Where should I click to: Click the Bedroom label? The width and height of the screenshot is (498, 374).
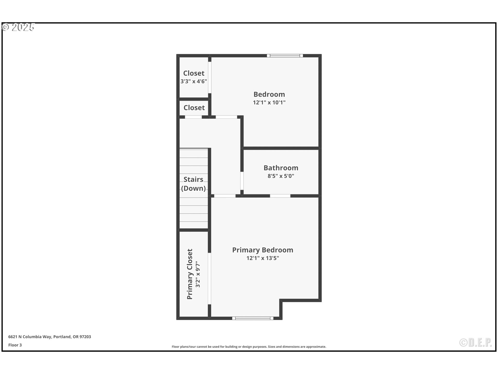tap(269, 94)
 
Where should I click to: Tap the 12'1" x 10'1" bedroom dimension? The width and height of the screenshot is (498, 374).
tap(269, 103)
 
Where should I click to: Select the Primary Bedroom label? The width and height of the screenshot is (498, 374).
tap(262, 250)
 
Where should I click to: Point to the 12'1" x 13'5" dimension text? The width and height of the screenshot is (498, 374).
tap(262, 258)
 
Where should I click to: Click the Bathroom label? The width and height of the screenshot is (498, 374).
tap(281, 168)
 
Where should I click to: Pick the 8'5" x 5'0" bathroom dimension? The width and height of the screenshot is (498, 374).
tap(281, 176)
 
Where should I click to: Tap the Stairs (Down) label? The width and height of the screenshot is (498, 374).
tap(193, 184)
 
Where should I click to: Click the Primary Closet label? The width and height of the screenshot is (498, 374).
tap(190, 274)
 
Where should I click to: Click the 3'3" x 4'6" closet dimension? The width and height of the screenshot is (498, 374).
tap(193, 81)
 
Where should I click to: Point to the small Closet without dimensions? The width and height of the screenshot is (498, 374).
tap(194, 108)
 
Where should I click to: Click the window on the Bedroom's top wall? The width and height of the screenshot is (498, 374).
tap(285, 56)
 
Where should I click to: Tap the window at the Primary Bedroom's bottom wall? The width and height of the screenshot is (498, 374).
tap(253, 318)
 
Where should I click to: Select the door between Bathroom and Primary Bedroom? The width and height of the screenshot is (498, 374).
tap(280, 196)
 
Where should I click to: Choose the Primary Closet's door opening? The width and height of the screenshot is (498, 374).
tap(209, 278)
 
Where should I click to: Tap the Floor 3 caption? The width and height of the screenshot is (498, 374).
tap(15, 345)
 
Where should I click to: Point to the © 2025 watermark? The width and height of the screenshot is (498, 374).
tap(18, 27)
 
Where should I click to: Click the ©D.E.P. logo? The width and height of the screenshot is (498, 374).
tap(475, 343)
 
